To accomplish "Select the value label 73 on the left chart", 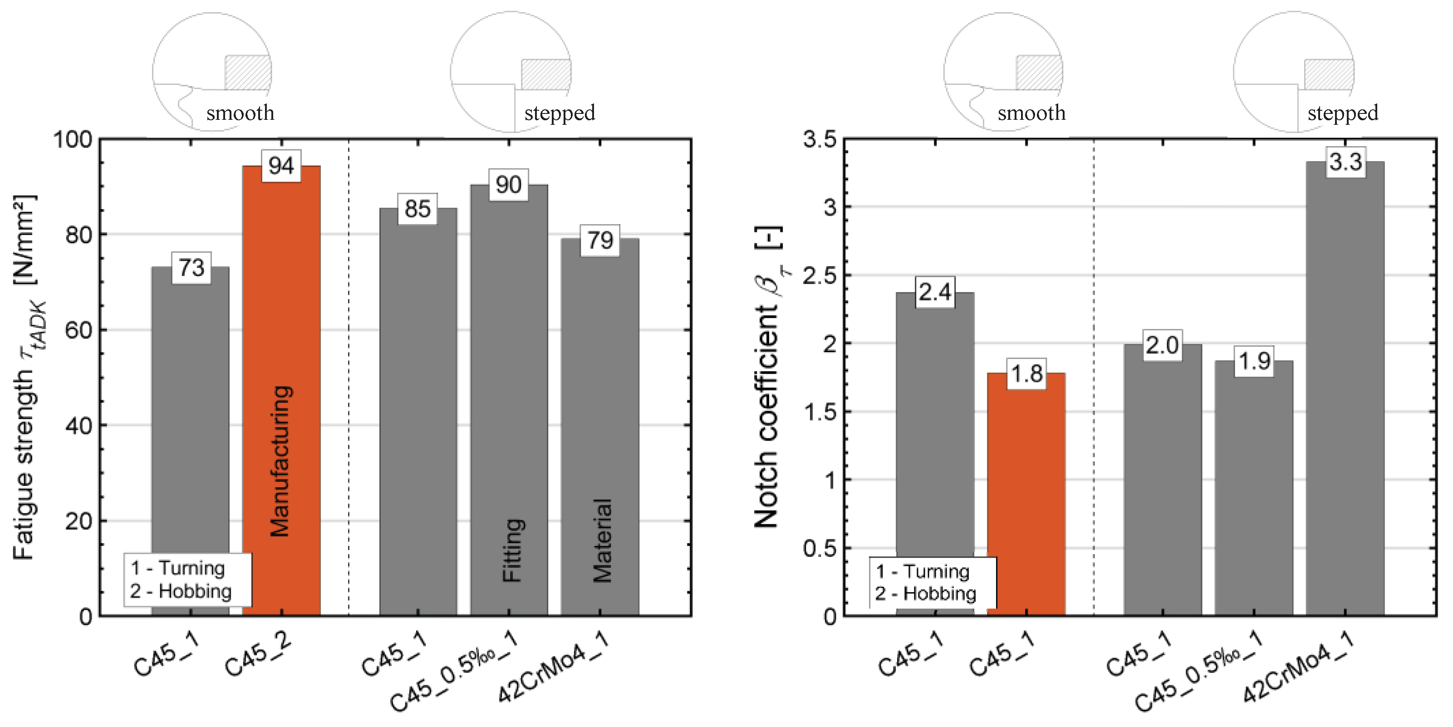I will (191, 268).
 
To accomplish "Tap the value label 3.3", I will (1345, 162).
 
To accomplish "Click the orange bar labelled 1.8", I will (1026, 496).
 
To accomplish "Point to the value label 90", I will (508, 185).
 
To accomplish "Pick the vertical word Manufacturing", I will (280, 461).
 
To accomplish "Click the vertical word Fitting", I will (513, 550).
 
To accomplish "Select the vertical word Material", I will (602, 540).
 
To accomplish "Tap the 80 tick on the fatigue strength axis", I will (79, 235).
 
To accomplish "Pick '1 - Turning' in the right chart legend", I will (922, 571).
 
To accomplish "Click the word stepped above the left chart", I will (559, 113).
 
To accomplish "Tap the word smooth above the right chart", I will (1031, 113).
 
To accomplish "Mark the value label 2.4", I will (935, 292).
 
